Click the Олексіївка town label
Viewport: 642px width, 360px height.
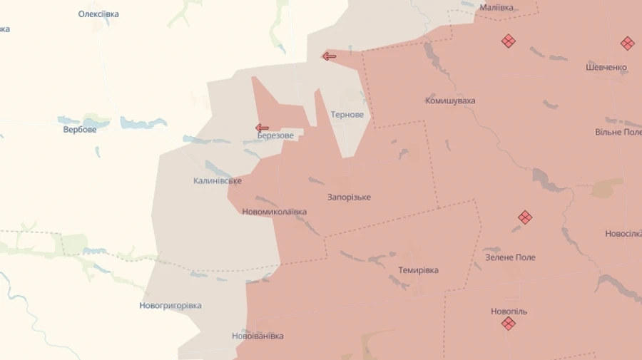click(x=98, y=14)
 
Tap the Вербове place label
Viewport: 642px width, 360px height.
click(x=80, y=130)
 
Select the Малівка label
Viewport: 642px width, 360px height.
click(x=496, y=7)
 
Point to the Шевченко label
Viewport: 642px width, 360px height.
click(x=606, y=68)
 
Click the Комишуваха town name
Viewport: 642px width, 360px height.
click(x=450, y=101)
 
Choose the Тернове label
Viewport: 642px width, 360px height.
click(x=347, y=115)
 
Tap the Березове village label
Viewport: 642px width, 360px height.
click(x=275, y=135)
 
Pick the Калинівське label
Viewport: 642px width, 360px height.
click(x=218, y=181)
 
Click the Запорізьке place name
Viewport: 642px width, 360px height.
click(x=349, y=197)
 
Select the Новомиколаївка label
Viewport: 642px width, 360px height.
click(x=275, y=212)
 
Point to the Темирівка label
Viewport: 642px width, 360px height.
click(x=419, y=270)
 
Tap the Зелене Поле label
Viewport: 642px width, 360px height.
click(x=510, y=257)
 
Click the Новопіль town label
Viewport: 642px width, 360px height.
click(x=509, y=312)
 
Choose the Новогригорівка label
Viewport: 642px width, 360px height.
click(x=170, y=306)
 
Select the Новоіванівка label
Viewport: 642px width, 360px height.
click(x=258, y=336)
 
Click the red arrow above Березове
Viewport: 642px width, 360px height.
click(x=262, y=128)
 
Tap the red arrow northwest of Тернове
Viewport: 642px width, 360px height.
click(x=329, y=56)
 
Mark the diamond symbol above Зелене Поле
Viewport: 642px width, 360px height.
click(x=525, y=217)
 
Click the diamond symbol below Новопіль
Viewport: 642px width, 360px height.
click(x=509, y=324)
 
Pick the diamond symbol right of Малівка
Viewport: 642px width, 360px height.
click(x=509, y=41)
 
